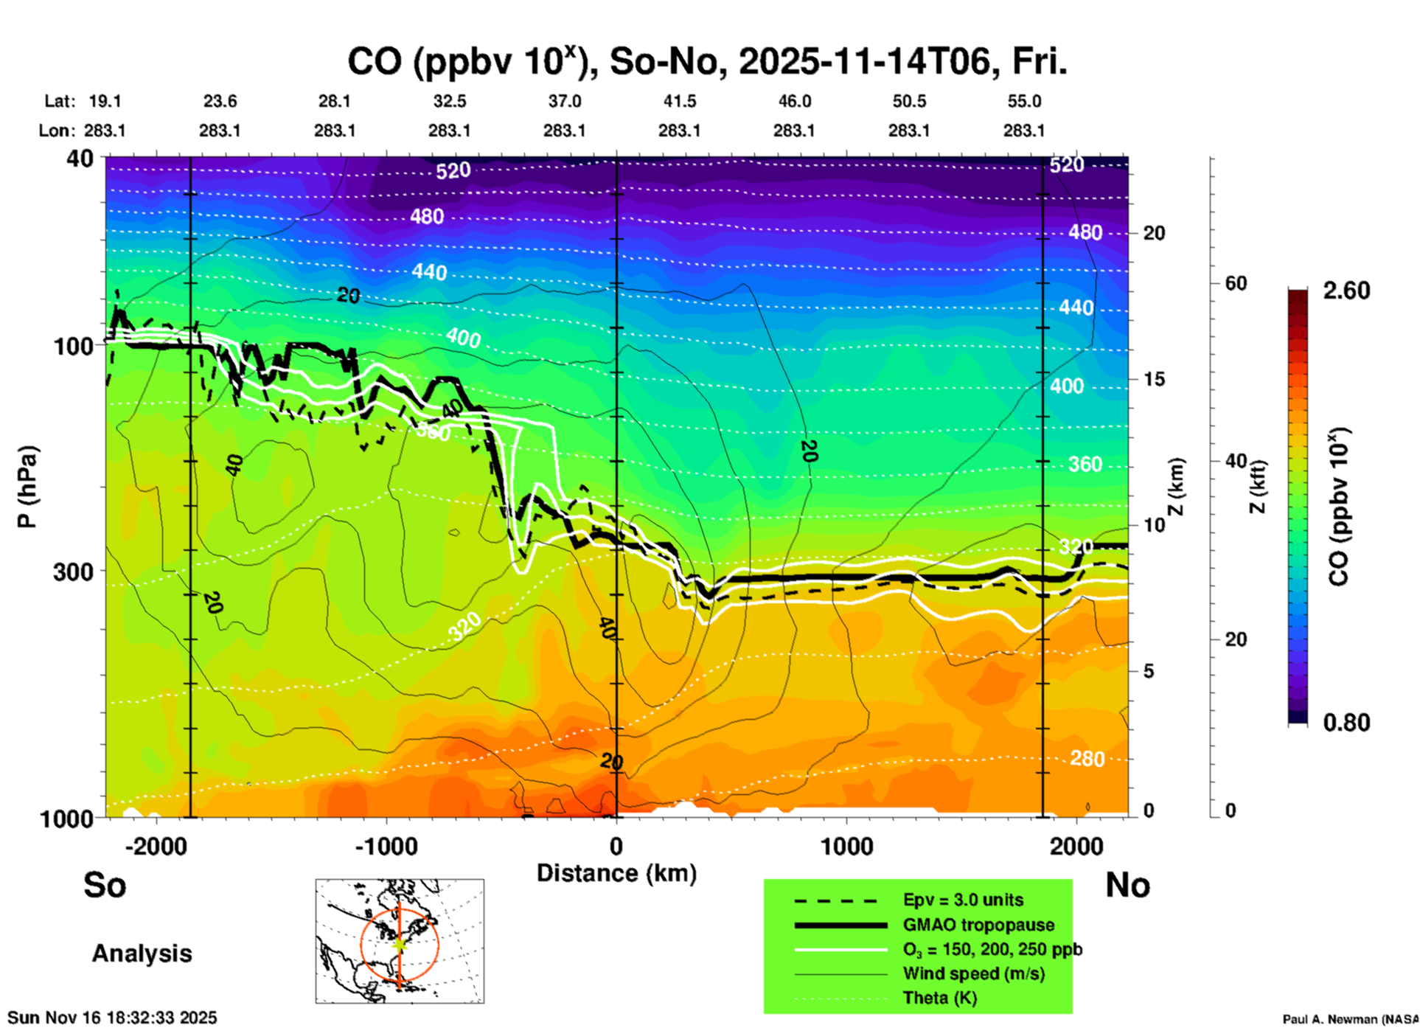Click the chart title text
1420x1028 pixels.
[x=706, y=62]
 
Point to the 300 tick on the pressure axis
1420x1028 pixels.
[x=73, y=572]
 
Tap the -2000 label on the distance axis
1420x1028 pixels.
[x=156, y=847]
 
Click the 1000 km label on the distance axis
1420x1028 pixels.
[x=846, y=847]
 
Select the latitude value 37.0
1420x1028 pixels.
[x=564, y=101]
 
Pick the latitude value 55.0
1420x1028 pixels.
[x=1024, y=101]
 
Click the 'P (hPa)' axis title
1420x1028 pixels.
[x=27, y=487]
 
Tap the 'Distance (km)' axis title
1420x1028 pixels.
[x=616, y=873]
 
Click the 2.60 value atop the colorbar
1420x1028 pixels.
[x=1346, y=291]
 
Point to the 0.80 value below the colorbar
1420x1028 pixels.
[x=1346, y=723]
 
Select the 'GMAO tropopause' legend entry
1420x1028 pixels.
[x=978, y=925]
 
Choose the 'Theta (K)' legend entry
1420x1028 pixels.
[x=939, y=999]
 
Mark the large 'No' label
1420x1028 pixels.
[x=1127, y=885]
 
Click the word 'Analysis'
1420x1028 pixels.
[x=142, y=954]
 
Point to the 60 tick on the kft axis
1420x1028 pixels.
[x=1236, y=284]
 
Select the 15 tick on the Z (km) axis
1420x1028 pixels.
[x=1154, y=379]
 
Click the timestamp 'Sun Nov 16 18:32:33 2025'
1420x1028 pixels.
[x=112, y=1018]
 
